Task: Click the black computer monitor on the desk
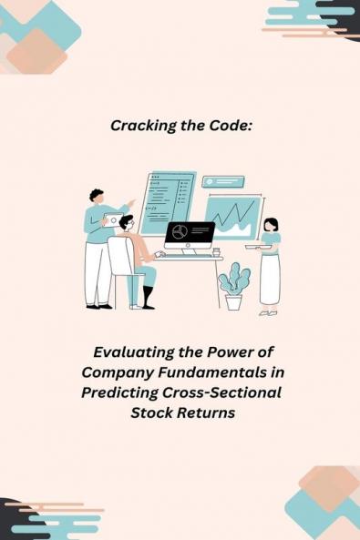[190, 233]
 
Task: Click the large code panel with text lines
[167, 200]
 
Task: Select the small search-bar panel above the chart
[222, 182]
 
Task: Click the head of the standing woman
[270, 224]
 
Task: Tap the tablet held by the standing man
[114, 221]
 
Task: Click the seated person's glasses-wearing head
[127, 223]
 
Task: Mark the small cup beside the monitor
[216, 251]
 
